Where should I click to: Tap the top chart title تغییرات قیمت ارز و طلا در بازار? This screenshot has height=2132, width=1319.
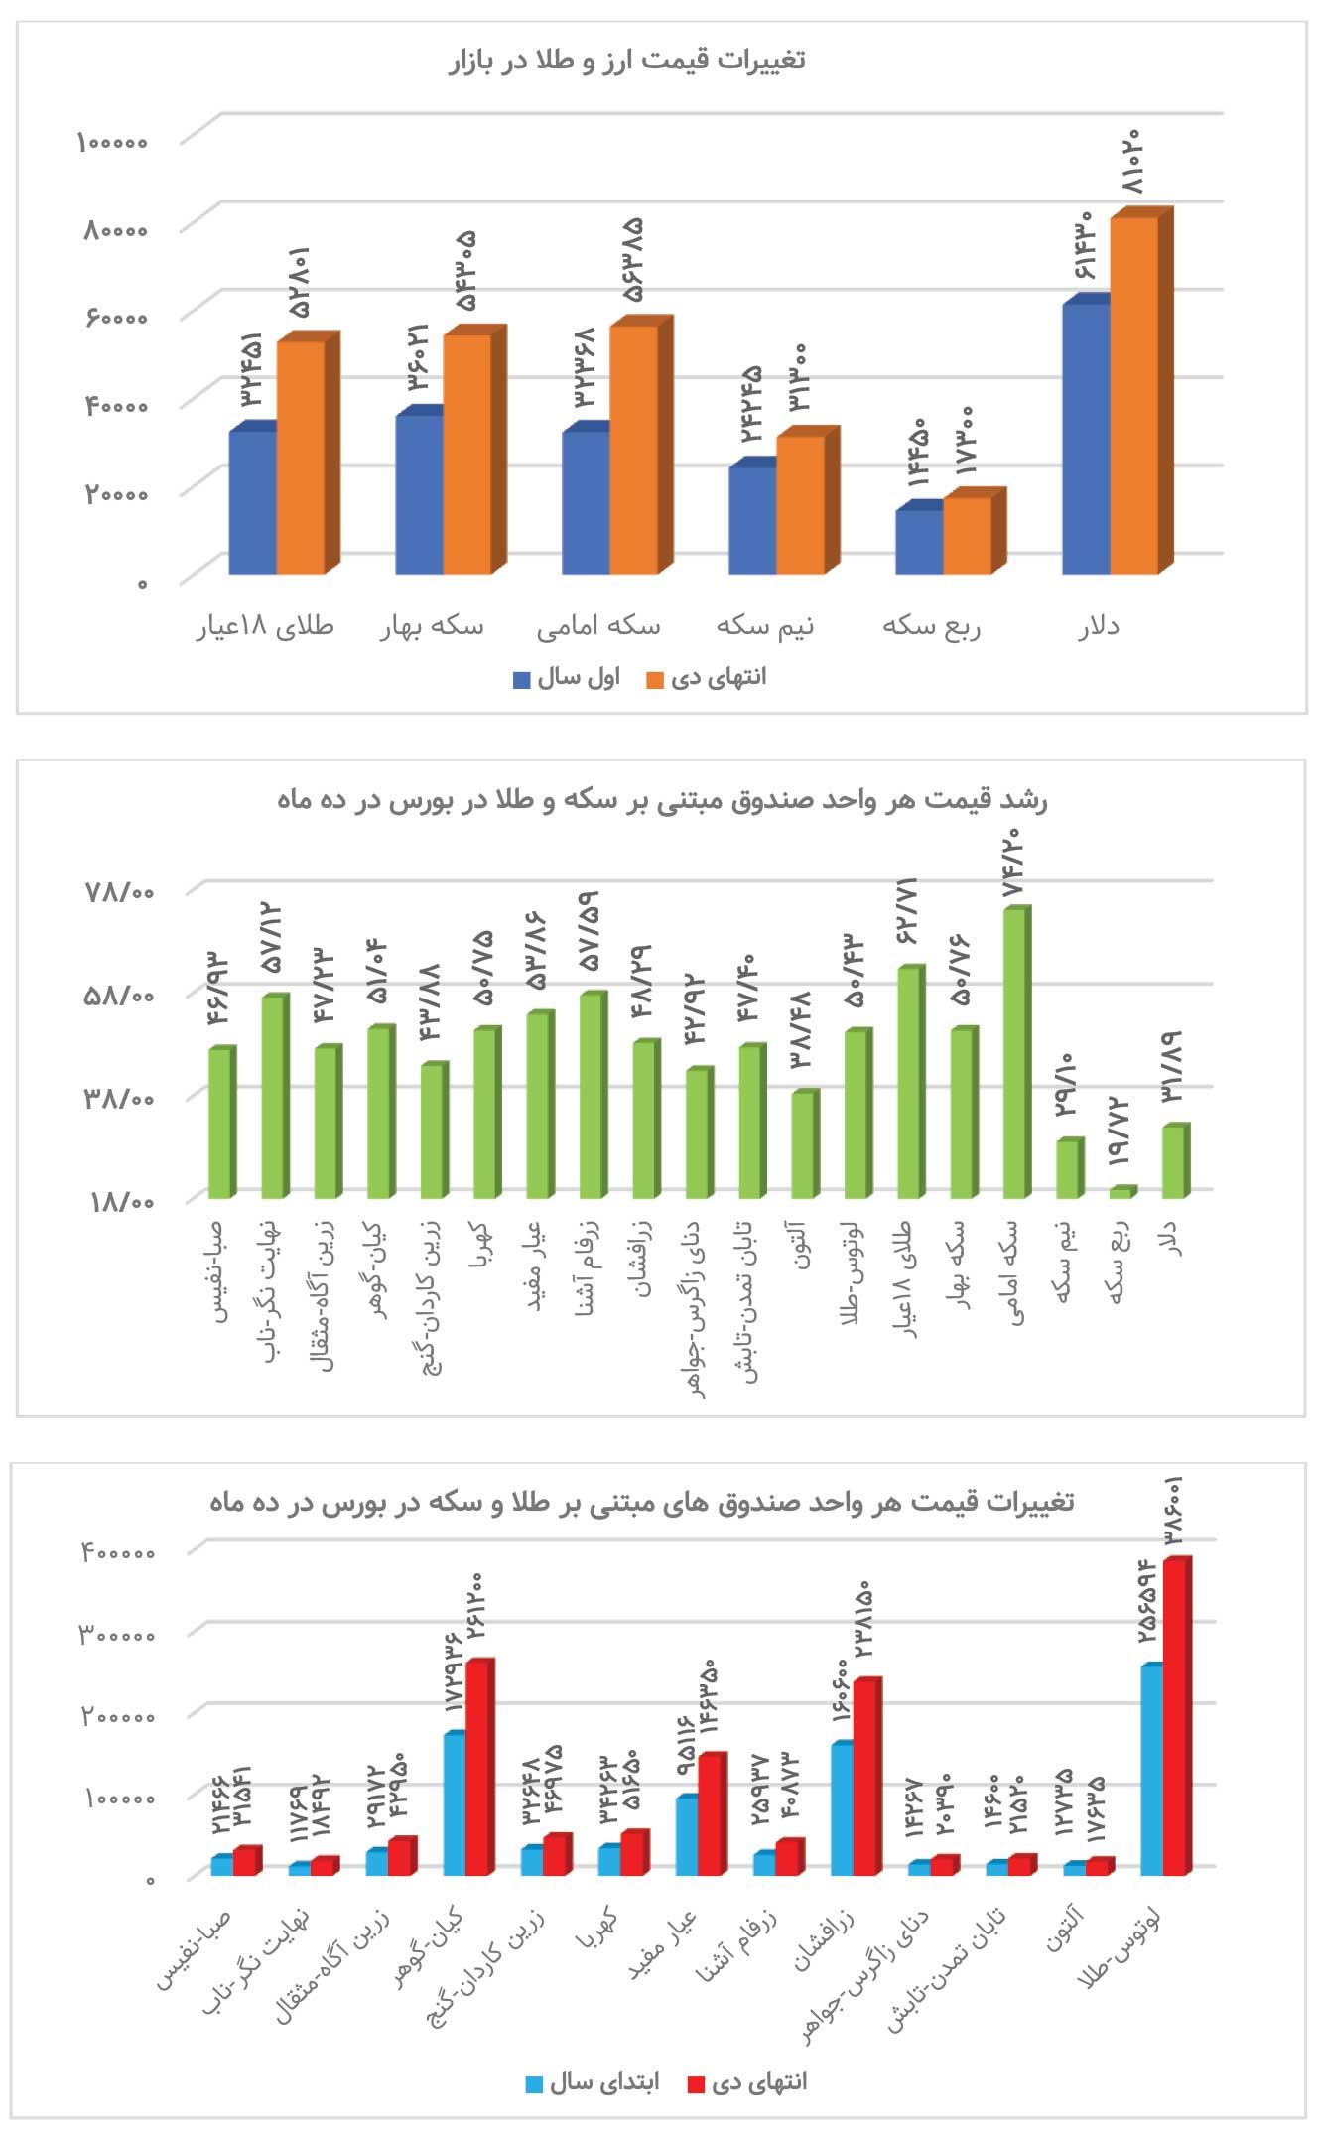[626, 61]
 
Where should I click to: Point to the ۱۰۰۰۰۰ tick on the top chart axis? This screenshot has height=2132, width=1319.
[112, 142]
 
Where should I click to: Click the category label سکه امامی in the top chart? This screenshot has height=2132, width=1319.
[597, 626]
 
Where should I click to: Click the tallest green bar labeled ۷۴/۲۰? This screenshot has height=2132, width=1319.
[1015, 1052]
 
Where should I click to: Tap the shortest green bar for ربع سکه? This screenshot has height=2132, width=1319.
[1121, 1192]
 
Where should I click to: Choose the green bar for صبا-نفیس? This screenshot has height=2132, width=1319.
[220, 1123]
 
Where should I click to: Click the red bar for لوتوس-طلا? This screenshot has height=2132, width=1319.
[1175, 1717]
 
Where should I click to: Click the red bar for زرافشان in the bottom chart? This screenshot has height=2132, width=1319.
[865, 1777]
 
